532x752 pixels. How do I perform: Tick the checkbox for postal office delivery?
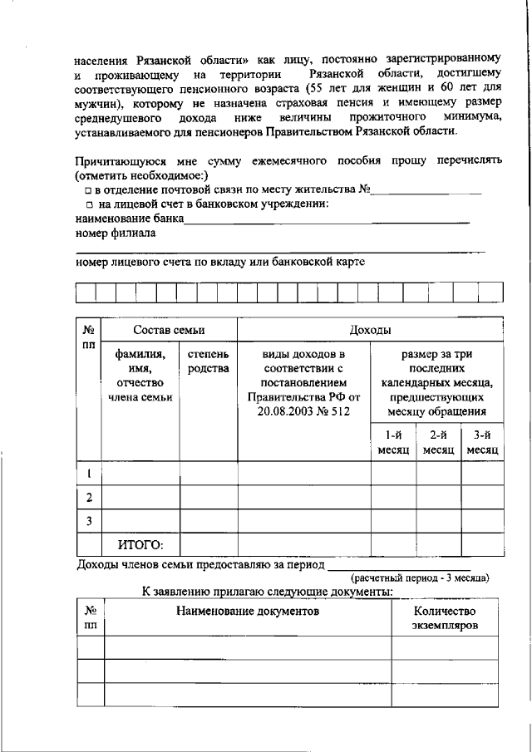coord(87,191)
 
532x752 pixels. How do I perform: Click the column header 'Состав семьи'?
coord(169,330)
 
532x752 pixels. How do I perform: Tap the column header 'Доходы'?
coord(370,330)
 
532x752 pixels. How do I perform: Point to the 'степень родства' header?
coord(208,362)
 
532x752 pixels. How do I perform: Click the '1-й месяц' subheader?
coord(393,442)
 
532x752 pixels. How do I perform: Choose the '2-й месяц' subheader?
coord(438,442)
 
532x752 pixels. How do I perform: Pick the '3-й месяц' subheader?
coord(482,442)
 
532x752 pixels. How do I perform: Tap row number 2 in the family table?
coord(89,498)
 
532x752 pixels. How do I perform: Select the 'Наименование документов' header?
coord(247,612)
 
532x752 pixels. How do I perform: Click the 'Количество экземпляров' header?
coord(445,618)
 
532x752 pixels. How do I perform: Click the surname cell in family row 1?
coord(140,474)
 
